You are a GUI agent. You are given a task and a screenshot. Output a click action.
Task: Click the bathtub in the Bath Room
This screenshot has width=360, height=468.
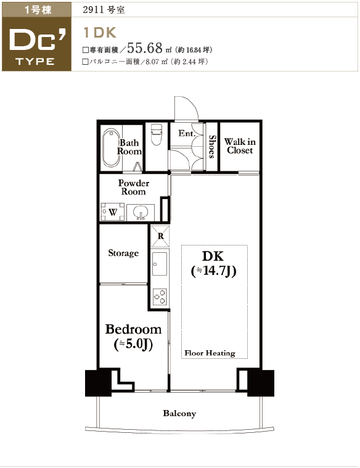pyautogui.click(x=112, y=149)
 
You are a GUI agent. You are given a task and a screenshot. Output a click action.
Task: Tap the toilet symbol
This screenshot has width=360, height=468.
pyautogui.click(x=156, y=134)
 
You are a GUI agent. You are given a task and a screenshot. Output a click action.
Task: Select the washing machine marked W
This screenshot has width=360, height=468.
pyautogui.click(x=113, y=211)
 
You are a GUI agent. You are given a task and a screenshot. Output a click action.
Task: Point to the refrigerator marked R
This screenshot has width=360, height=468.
pyautogui.click(x=160, y=236)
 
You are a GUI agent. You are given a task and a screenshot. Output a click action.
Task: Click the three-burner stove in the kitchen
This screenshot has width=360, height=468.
pyautogui.click(x=160, y=297)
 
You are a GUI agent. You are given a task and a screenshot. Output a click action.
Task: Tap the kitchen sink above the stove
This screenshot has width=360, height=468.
pyautogui.click(x=160, y=263)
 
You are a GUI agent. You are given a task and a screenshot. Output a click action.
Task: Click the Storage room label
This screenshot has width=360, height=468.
pyautogui.click(x=123, y=253)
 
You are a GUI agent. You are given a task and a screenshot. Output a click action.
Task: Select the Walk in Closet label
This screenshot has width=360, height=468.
pyautogui.click(x=240, y=146)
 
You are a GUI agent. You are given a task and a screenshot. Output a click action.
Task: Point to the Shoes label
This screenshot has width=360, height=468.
pyautogui.click(x=212, y=147)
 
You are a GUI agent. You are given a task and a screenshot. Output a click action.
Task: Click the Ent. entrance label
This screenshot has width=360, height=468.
pyautogui.click(x=186, y=133)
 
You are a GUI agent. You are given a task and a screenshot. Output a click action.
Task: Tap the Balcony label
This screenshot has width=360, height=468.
pyautogui.click(x=179, y=413)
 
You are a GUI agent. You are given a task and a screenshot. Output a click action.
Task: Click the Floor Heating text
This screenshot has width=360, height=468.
pyautogui.click(x=210, y=353)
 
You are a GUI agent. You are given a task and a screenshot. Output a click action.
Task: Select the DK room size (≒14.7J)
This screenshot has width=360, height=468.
pyautogui.click(x=213, y=271)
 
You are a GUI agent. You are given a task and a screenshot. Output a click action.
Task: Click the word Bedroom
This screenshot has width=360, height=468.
pyautogui.click(x=133, y=329)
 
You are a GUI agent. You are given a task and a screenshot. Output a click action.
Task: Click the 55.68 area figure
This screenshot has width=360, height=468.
pyautogui.click(x=145, y=47)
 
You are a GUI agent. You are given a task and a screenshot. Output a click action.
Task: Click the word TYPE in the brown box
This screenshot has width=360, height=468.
pyautogui.click(x=35, y=62)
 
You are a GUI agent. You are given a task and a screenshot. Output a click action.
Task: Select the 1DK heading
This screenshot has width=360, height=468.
pyautogui.click(x=100, y=33)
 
